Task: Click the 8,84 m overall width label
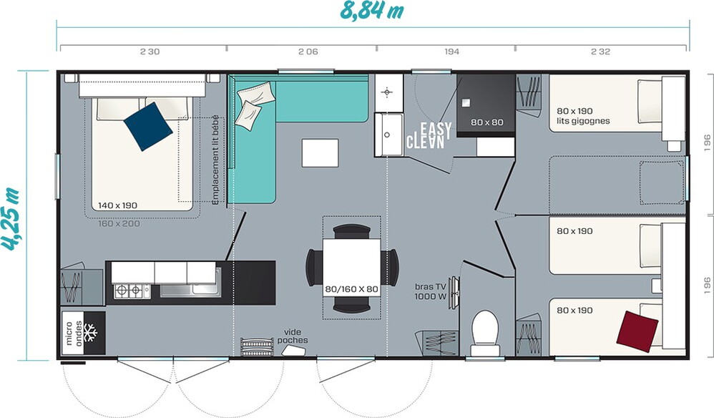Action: click(x=371, y=10)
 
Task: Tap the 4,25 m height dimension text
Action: click(x=10, y=218)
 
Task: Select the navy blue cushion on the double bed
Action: click(x=148, y=126)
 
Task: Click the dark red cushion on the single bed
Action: click(x=637, y=331)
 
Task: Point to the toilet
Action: click(x=485, y=333)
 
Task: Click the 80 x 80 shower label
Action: click(x=486, y=122)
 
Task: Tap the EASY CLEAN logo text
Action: click(x=429, y=135)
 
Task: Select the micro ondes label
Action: click(x=73, y=333)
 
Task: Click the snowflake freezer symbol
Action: click(x=91, y=333)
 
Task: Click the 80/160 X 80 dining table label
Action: click(x=351, y=288)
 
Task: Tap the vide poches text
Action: click(x=293, y=336)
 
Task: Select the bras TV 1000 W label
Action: click(x=430, y=291)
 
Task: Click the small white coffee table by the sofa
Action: click(x=320, y=153)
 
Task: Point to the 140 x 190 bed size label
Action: click(x=117, y=205)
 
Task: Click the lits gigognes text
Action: click(x=583, y=121)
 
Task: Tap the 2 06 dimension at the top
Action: click(x=308, y=52)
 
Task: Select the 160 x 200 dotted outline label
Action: click(x=119, y=223)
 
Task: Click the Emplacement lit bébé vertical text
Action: click(x=215, y=160)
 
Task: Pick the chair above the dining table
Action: click(x=351, y=231)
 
